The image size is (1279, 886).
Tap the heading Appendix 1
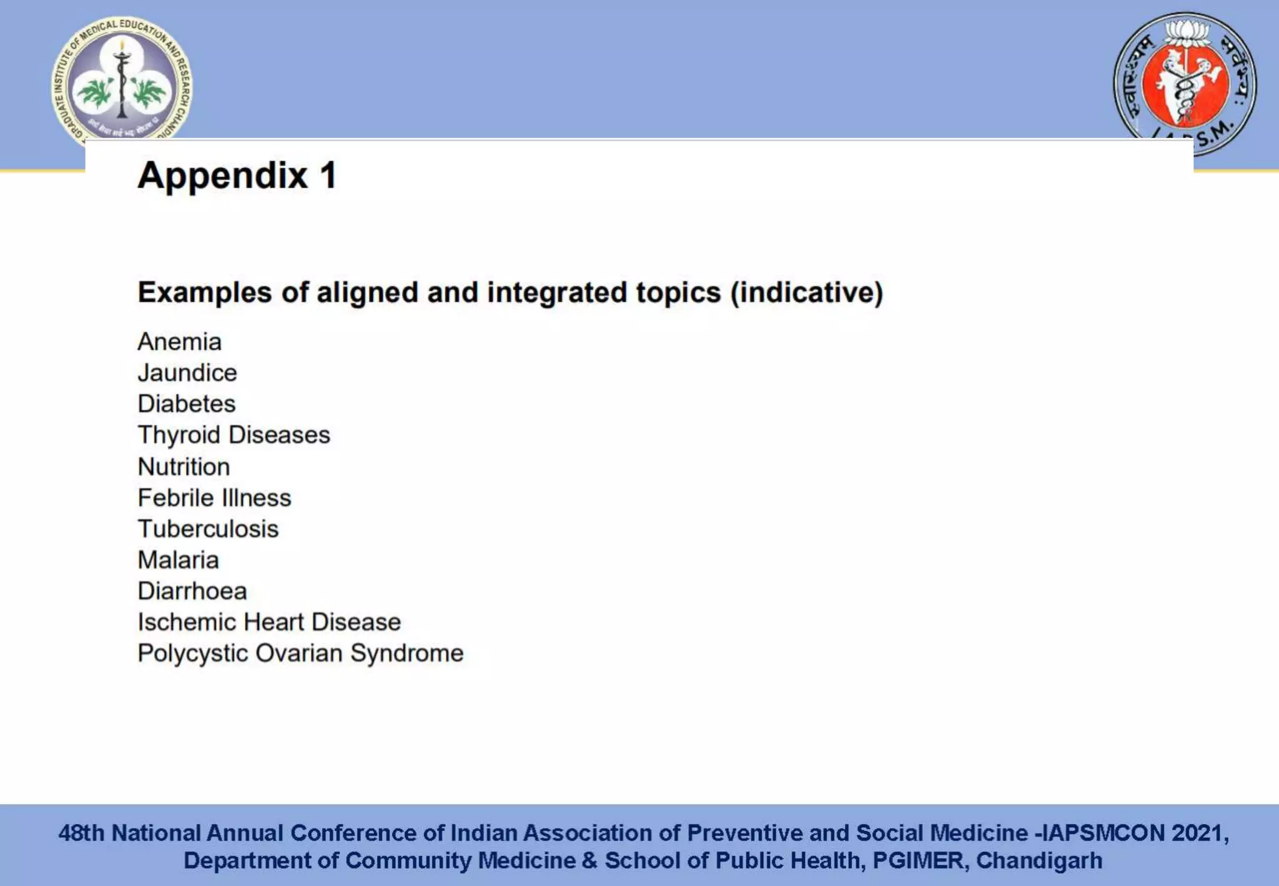coord(237,175)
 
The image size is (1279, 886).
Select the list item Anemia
coord(180,342)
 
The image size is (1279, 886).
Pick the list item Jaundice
coord(187,373)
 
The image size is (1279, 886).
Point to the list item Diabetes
coord(187,404)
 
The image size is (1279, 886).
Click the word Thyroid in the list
coord(179,435)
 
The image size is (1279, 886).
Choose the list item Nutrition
coord(184,467)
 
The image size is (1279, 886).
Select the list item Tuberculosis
coord(208,529)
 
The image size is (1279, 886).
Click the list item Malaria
coord(179,560)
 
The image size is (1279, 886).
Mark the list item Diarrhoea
coord(192,591)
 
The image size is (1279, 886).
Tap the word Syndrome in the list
coord(407,654)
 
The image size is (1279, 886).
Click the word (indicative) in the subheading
coord(807,292)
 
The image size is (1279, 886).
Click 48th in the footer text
coord(81,833)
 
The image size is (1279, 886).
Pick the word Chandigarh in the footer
coord(1039,860)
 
